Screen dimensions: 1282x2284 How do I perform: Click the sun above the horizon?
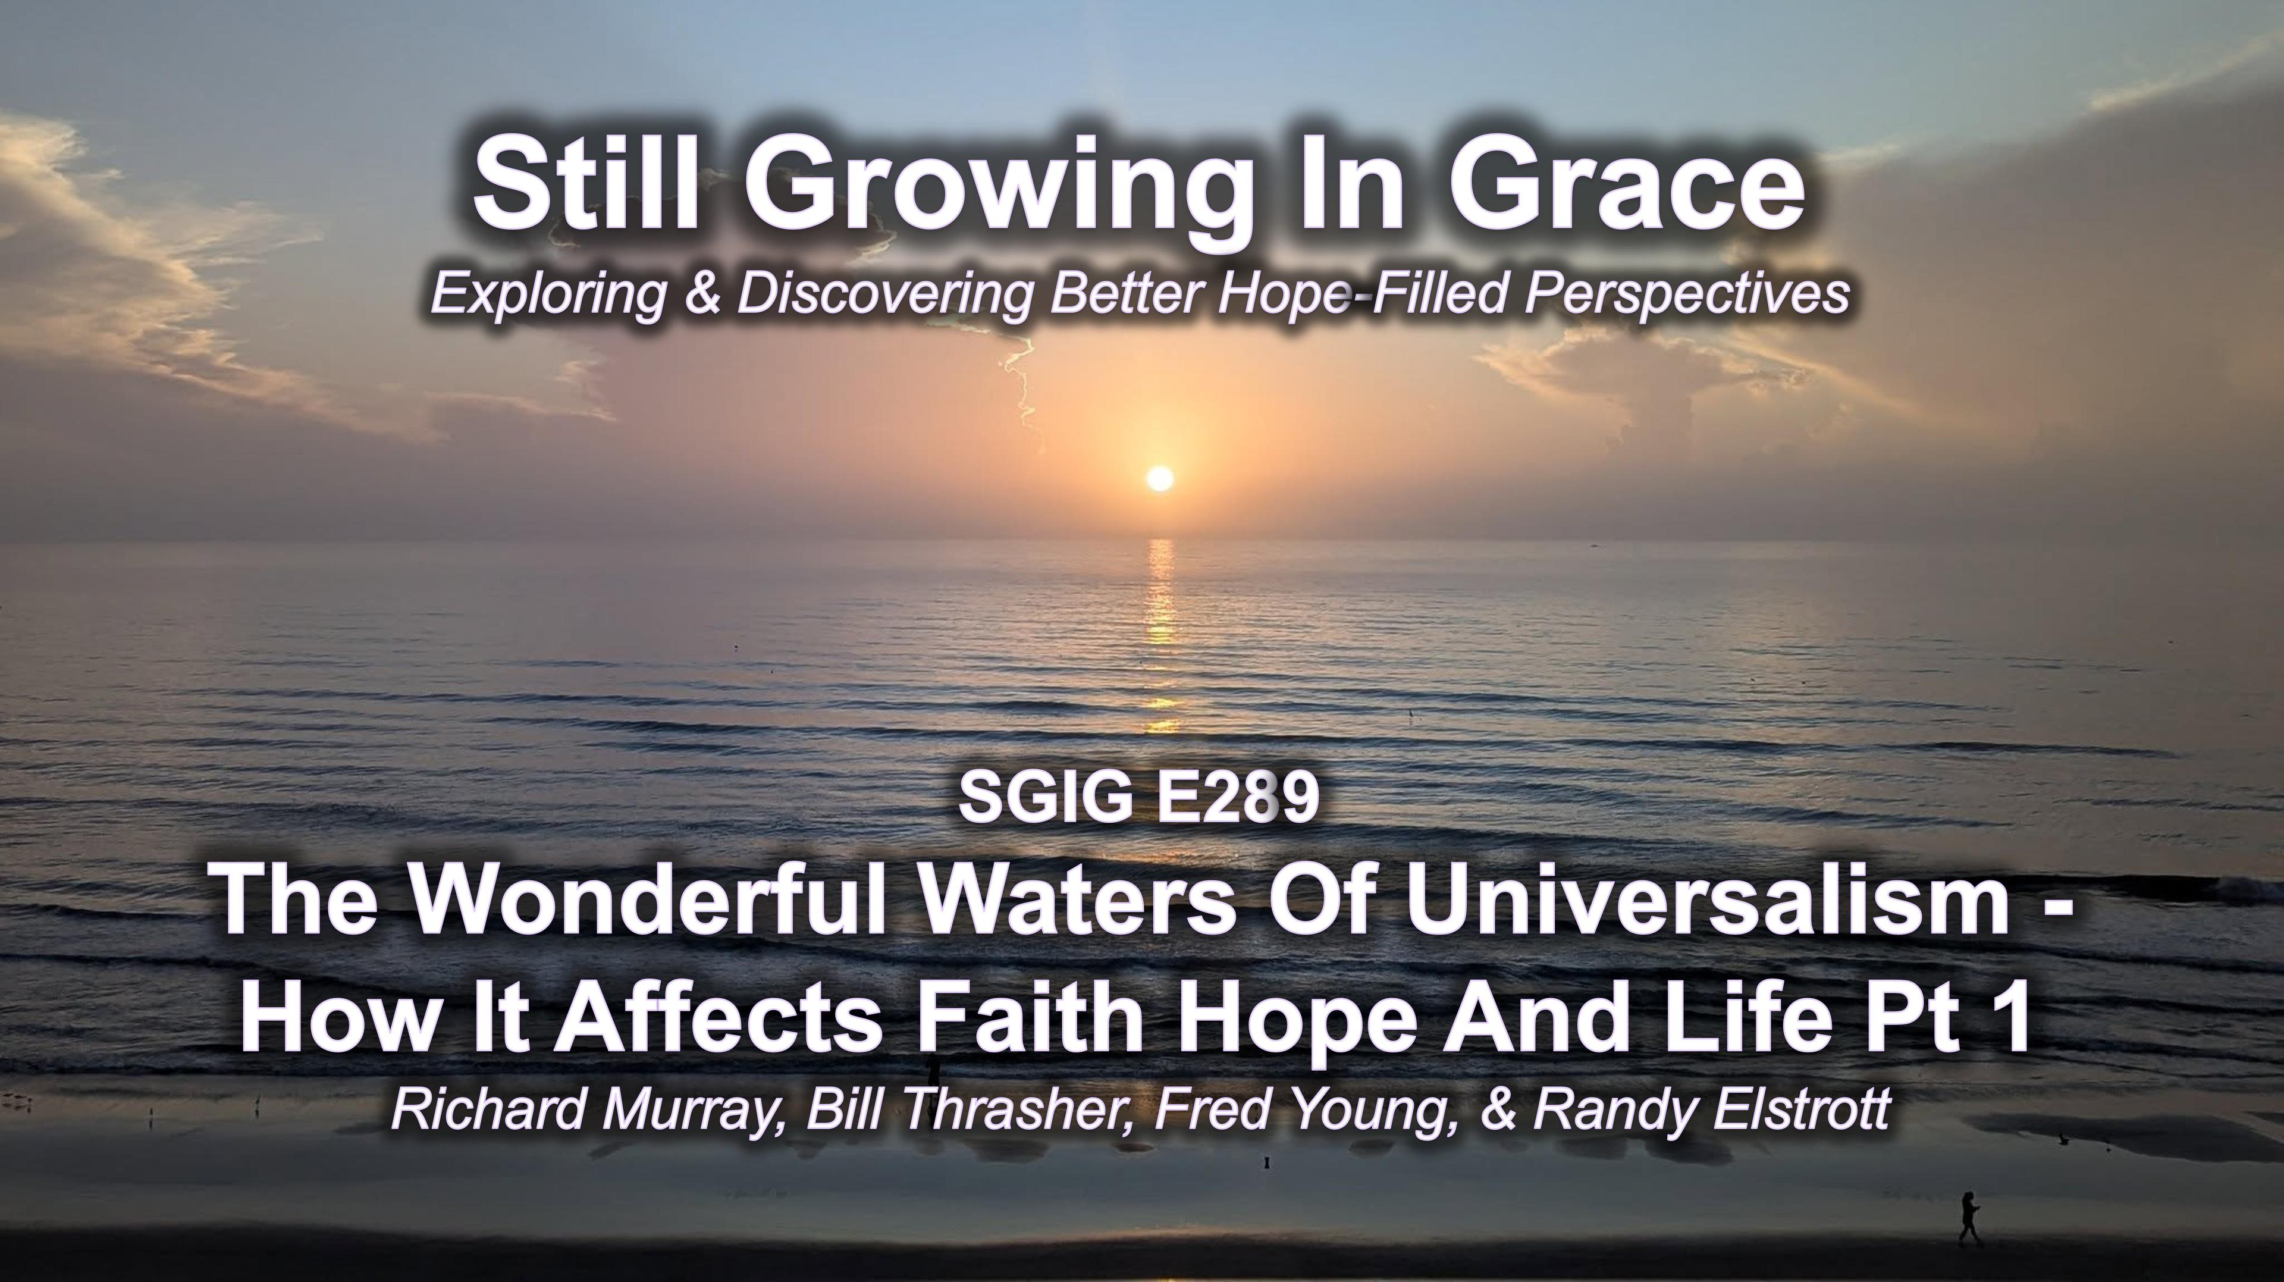click(x=1159, y=479)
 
